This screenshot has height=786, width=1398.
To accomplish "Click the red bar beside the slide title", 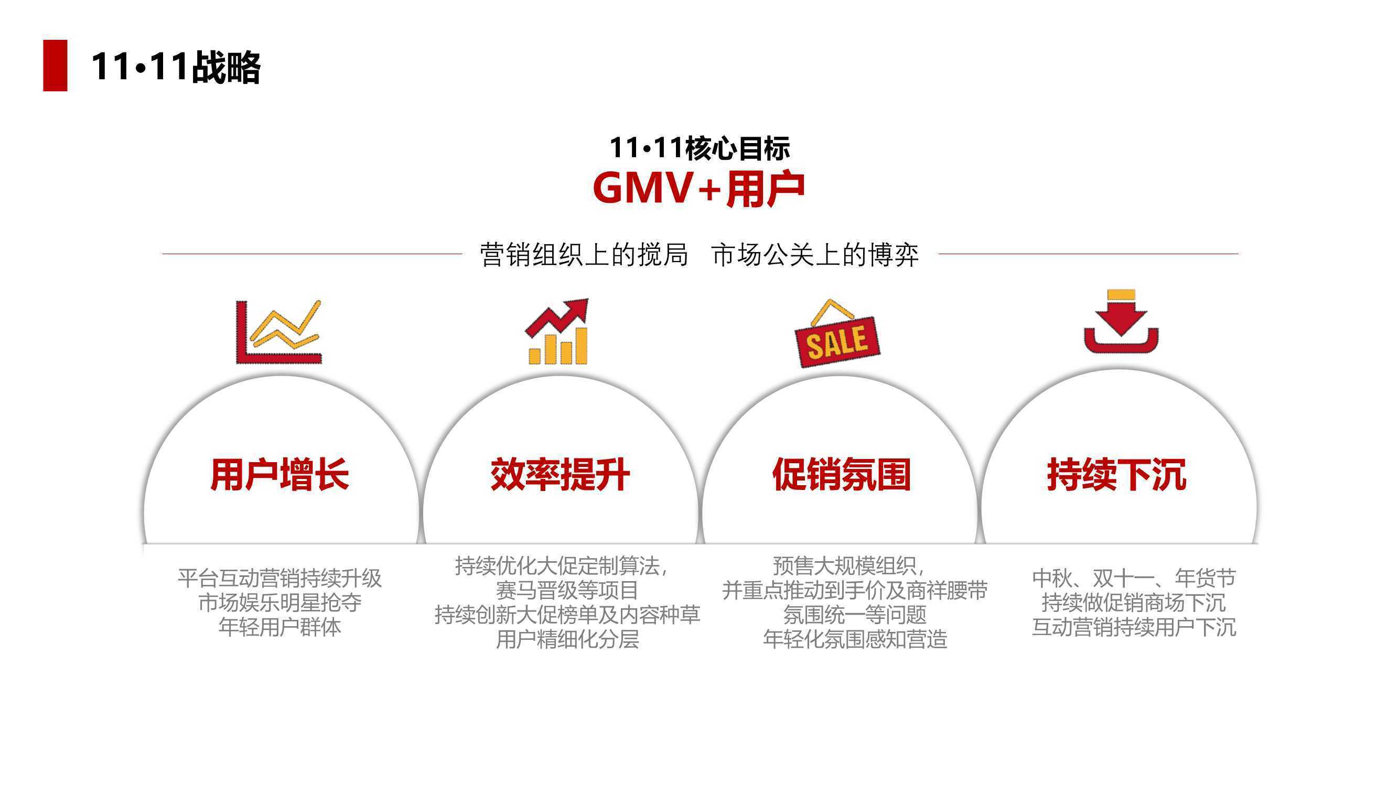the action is [x=55, y=65].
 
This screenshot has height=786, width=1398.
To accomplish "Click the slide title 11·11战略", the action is [x=176, y=67].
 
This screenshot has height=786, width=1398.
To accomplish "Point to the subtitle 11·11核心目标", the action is [x=699, y=148].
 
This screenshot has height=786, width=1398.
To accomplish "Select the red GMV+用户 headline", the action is [x=699, y=188].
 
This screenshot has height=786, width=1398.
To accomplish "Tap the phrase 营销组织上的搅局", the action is [x=584, y=255].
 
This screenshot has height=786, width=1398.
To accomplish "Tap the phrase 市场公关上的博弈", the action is [x=815, y=255].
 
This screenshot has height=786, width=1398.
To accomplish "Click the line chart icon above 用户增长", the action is [x=279, y=332].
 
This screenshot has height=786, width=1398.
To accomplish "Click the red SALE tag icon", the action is [x=837, y=333].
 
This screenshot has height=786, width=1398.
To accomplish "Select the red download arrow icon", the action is [x=1121, y=321].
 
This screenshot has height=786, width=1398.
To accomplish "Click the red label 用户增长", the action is [x=279, y=475].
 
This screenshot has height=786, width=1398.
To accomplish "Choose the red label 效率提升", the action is [x=560, y=475].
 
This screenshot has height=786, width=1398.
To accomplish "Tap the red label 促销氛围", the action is [x=841, y=475].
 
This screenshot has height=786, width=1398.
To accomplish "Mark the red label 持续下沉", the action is [x=1117, y=475].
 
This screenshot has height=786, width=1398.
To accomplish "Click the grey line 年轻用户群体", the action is [x=279, y=627].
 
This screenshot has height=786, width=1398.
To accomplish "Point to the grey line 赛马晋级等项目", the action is [x=567, y=590].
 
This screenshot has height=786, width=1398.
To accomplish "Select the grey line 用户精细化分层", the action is [x=567, y=639].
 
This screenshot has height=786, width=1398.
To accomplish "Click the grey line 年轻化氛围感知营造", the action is [x=855, y=639].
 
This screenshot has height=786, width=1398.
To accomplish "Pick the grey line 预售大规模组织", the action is [x=849, y=566].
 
